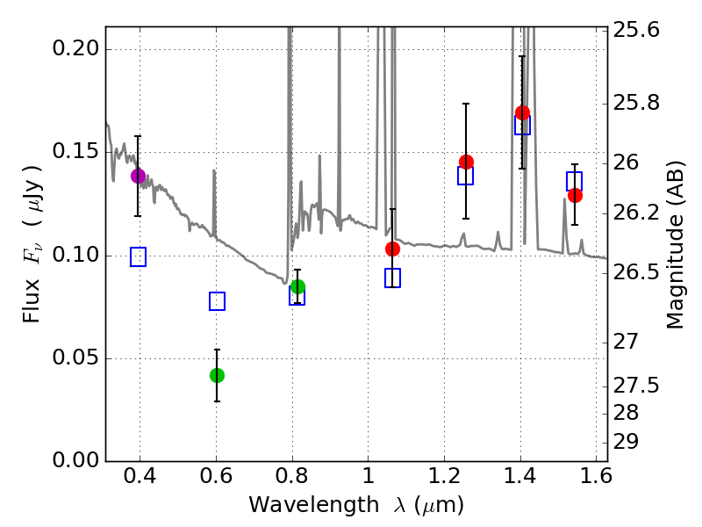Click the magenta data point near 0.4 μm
(x=138, y=176)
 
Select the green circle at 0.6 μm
(x=217, y=375)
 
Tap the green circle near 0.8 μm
(x=297, y=286)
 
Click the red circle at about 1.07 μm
(x=392, y=249)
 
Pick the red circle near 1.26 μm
(x=466, y=162)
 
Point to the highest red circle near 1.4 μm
(x=522, y=112)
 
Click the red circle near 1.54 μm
(x=575, y=195)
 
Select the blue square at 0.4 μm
(x=138, y=256)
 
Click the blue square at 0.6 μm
(x=217, y=301)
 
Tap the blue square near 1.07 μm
(x=392, y=278)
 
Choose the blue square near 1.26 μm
(x=465, y=176)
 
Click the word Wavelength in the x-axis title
(x=301, y=505)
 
